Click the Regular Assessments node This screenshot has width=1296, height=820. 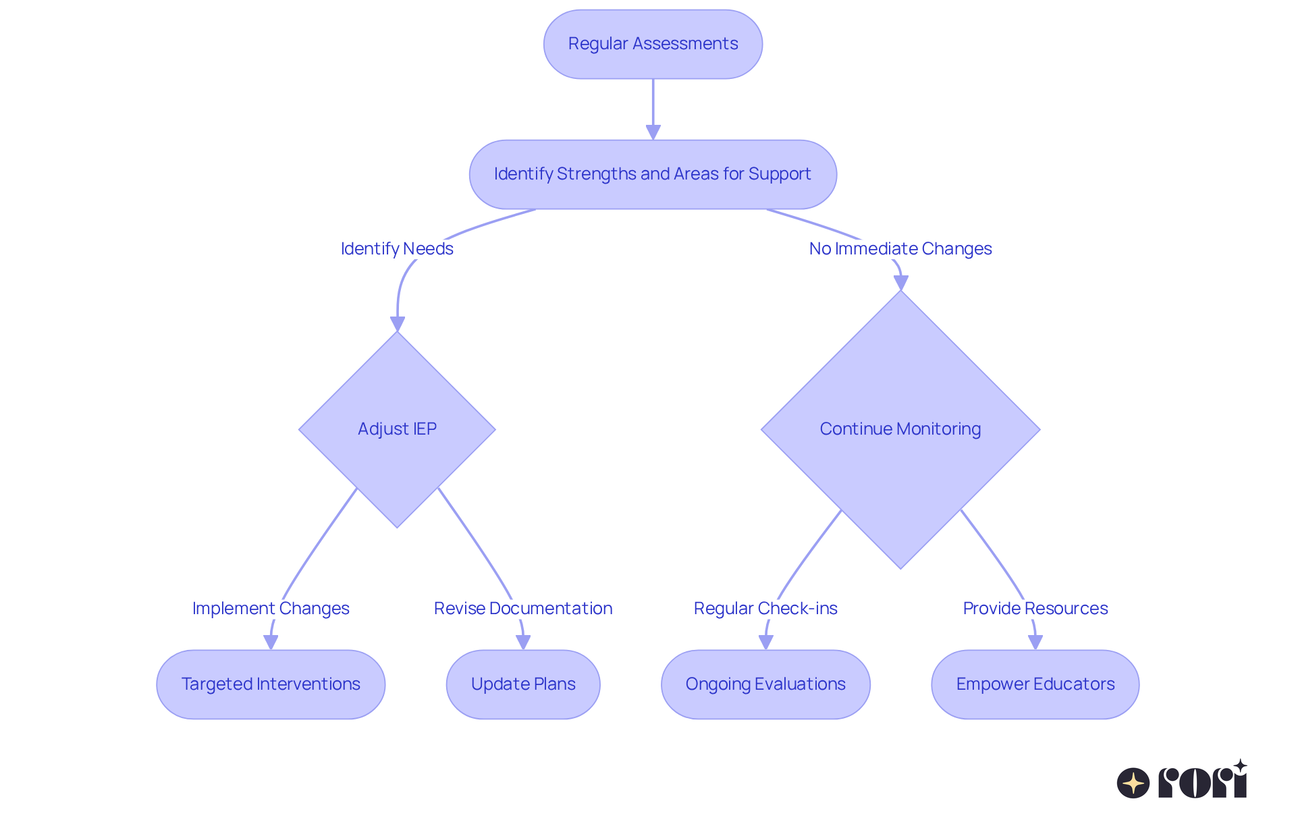[x=653, y=44]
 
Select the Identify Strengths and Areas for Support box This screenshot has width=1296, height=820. [x=653, y=174]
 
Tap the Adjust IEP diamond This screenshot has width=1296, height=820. [x=397, y=429]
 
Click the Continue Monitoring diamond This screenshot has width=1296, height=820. [x=900, y=429]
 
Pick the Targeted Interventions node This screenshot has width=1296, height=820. [x=271, y=684]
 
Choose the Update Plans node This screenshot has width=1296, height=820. [x=523, y=684]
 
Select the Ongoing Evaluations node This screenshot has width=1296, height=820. [x=765, y=684]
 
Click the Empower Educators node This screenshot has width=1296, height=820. [x=1035, y=684]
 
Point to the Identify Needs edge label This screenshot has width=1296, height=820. [x=397, y=249]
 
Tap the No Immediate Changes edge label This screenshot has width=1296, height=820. [x=900, y=249]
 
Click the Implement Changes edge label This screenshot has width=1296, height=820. [x=271, y=609]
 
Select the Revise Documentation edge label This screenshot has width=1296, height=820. [x=523, y=609]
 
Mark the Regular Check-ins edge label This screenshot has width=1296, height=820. [x=765, y=609]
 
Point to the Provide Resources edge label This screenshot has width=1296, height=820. [x=1035, y=609]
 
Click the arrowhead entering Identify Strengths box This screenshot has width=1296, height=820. [x=653, y=132]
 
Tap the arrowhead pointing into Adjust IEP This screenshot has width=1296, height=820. [x=398, y=324]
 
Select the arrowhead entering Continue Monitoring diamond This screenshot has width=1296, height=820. [x=900, y=283]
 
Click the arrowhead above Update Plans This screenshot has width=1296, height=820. [x=523, y=643]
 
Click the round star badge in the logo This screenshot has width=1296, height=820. [x=1133, y=783]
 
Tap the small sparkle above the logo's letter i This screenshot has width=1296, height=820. [x=1240, y=765]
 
